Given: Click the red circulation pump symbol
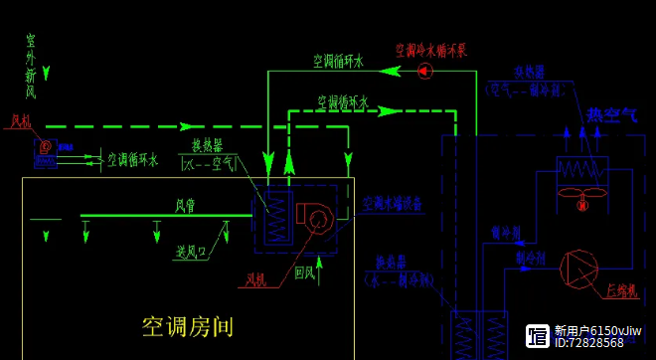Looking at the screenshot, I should point(424,71).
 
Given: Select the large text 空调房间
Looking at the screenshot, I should point(188,325).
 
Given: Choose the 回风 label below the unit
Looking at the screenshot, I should point(305,270).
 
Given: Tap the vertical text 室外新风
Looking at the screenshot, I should point(31,66).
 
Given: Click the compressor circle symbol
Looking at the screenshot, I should point(578,269).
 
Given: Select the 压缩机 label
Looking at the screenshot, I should point(620,288).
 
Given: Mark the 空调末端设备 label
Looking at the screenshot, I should point(392,202).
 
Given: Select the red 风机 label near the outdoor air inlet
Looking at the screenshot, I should point(21,121).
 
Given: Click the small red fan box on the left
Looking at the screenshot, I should point(45,152).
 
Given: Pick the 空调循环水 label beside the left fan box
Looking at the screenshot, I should point(132,158).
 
